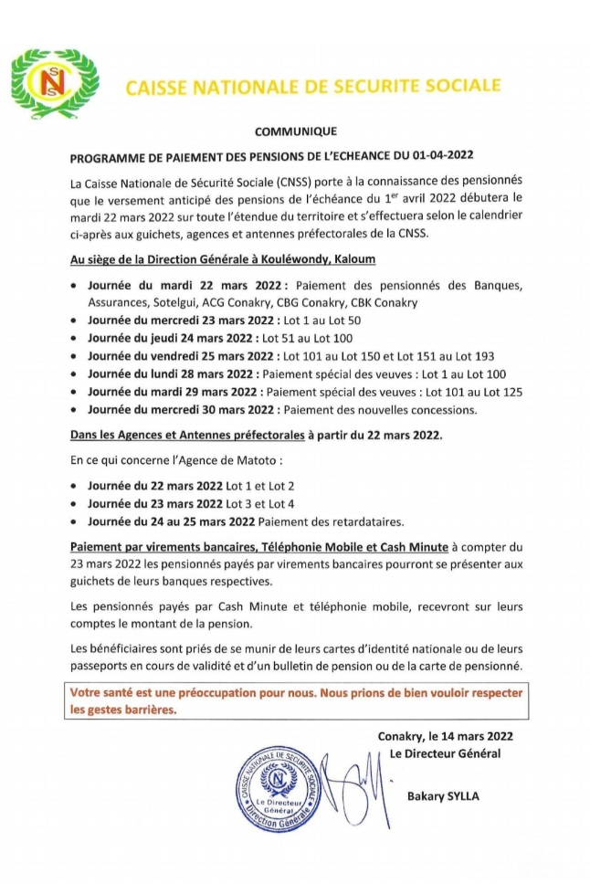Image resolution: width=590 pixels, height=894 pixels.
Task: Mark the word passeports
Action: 105,664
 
